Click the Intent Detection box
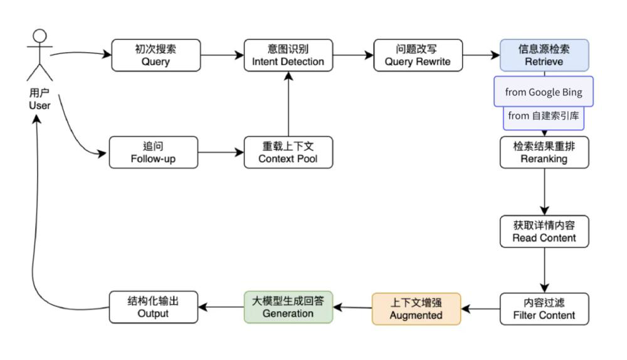click(288, 56)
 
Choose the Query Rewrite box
click(418, 56)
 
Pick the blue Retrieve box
click(544, 56)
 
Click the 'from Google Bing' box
click(543, 92)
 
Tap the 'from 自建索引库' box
click(544, 117)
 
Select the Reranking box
click(544, 152)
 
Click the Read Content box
click(544, 231)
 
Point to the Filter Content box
click(544, 308)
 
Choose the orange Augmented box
click(416, 309)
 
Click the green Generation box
click(288, 307)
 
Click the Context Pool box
click(288, 152)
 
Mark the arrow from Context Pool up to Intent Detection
click(288, 103)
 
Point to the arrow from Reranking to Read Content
click(544, 192)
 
